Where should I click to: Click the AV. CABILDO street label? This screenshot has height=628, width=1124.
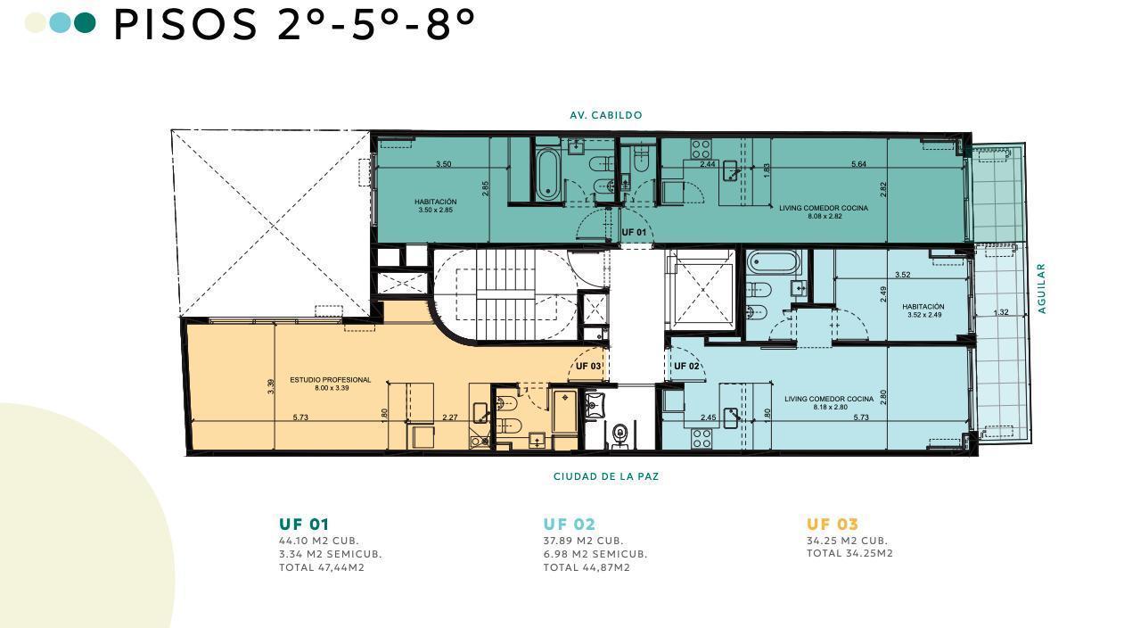click(605, 115)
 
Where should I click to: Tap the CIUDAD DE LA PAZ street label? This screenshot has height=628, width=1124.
click(605, 476)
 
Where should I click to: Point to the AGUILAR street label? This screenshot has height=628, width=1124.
click(1042, 289)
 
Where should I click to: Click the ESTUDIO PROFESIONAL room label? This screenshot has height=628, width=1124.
click(331, 384)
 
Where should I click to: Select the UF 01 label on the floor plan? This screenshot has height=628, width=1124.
click(634, 233)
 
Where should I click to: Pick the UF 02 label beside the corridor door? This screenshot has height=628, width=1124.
click(686, 366)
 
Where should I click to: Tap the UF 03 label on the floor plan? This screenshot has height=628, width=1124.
click(588, 366)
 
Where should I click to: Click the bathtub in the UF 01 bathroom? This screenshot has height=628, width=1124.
click(546, 174)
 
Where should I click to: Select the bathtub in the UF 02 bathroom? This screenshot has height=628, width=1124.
click(773, 262)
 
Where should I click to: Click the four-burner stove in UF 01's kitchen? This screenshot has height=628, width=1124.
click(701, 149)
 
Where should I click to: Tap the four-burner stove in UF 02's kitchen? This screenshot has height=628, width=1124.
click(701, 438)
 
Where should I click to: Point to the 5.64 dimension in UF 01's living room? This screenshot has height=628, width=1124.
click(858, 163)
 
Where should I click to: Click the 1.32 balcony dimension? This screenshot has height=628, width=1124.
click(1001, 312)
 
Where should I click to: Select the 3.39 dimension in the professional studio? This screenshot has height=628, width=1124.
click(270, 386)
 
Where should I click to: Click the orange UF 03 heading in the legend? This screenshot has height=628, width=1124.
click(833, 525)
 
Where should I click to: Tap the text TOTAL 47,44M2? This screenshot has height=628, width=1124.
click(322, 567)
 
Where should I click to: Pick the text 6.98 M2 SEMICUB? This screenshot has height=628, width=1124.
click(595, 554)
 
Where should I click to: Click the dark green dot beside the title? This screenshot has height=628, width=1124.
click(85, 22)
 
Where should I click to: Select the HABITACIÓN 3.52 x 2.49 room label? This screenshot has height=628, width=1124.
click(923, 310)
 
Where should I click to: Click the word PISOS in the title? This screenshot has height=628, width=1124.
click(185, 25)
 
